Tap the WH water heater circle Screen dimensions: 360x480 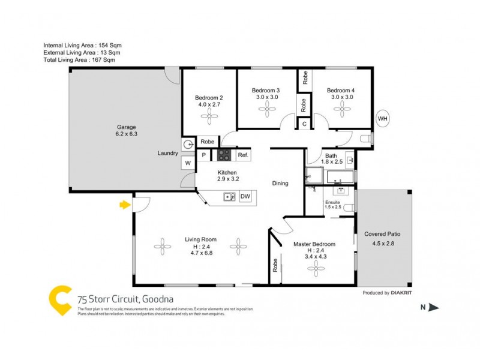click(383, 119)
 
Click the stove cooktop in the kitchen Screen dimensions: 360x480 click(224, 155)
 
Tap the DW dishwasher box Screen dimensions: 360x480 click(245, 196)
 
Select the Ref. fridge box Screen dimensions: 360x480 click(242, 155)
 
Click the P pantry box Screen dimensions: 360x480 click(204, 155)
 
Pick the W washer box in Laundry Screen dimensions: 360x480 click(188, 163)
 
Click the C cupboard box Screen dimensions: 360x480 click(305, 124)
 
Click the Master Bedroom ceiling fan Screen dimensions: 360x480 click(316, 271)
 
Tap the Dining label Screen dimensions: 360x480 click(280, 184)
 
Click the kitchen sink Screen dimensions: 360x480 click(228, 196)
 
